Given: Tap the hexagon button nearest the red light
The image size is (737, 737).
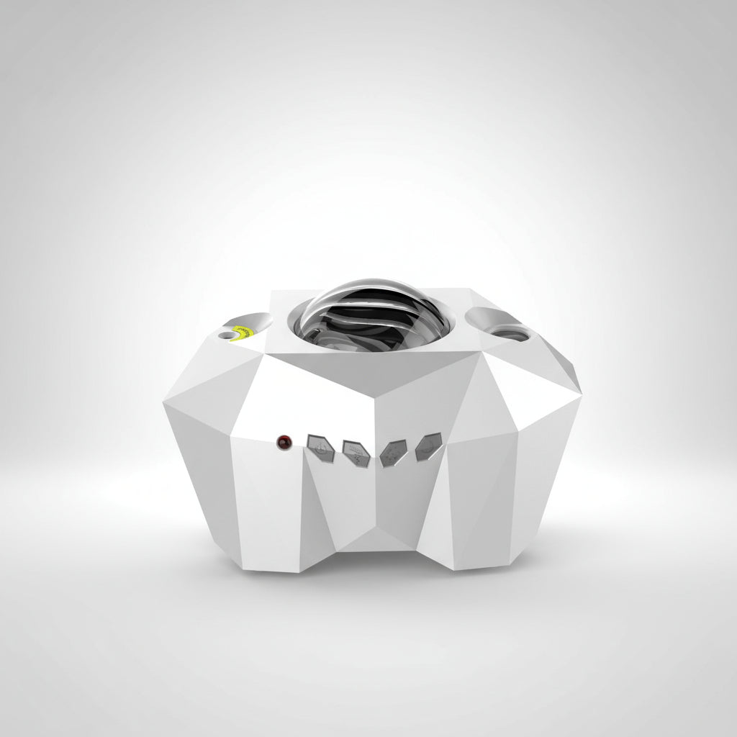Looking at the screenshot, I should pos(317,445).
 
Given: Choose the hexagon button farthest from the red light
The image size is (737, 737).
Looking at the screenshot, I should pos(428,446).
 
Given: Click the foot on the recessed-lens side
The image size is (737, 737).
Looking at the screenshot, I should pos(482,551).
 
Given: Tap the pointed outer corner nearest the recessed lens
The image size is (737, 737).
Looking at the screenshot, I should pos(579,392).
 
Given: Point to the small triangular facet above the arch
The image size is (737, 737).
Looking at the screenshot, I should pos(376,536).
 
